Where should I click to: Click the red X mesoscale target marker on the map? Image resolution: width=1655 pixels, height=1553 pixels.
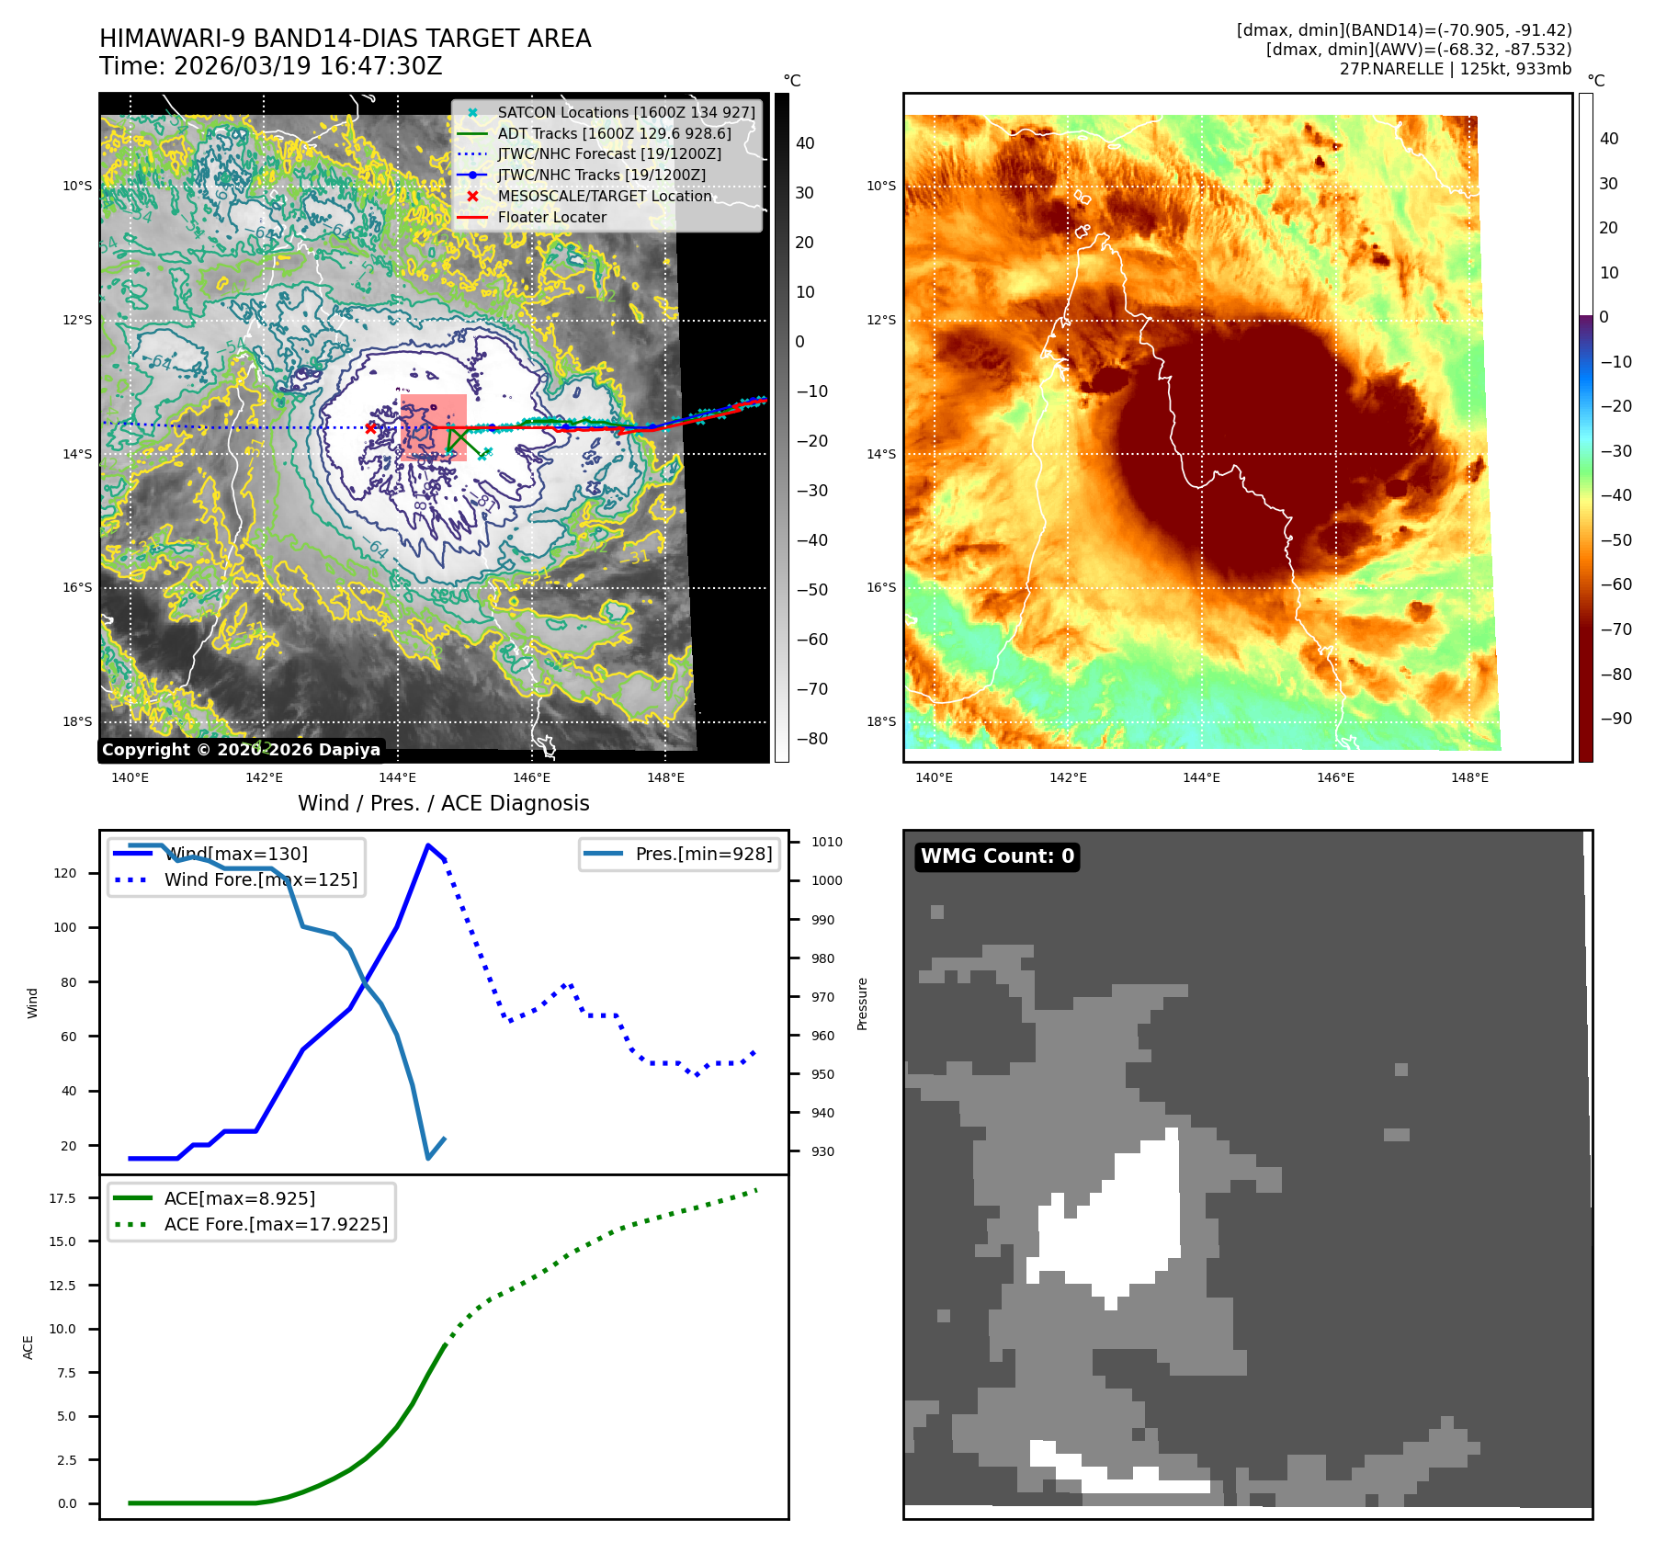pyautogui.click(x=370, y=427)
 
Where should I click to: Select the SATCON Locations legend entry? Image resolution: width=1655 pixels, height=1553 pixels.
pyautogui.click(x=626, y=112)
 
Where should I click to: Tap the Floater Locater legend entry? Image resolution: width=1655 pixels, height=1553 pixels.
pyautogui.click(x=551, y=217)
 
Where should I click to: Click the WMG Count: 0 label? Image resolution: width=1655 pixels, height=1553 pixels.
pyautogui.click(x=997, y=856)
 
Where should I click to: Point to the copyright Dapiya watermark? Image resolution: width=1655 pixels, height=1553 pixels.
pyautogui.click(x=241, y=750)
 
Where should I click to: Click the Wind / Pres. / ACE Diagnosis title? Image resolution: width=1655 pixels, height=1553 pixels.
pyautogui.click(x=443, y=803)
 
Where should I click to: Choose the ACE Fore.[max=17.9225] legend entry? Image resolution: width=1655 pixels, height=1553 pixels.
pyautogui.click(x=275, y=1224)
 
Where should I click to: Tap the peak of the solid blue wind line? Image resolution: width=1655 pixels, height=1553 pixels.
pyautogui.click(x=428, y=845)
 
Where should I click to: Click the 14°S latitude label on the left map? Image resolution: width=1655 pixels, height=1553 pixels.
pyautogui.click(x=77, y=454)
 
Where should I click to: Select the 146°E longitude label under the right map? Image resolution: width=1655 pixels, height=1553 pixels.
pyautogui.click(x=1335, y=777)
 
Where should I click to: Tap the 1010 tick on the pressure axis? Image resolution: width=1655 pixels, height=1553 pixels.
pyautogui.click(x=826, y=842)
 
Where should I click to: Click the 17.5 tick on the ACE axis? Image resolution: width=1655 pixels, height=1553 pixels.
pyautogui.click(x=62, y=1198)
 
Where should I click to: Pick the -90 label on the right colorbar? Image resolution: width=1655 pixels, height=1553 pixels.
pyautogui.click(x=1615, y=719)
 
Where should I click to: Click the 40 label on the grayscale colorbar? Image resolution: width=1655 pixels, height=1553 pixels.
pyautogui.click(x=805, y=142)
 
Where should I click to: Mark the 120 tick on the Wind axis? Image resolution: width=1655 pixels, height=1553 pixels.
pyautogui.click(x=65, y=873)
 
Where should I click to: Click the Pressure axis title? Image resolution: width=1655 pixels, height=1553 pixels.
pyautogui.click(x=862, y=1003)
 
